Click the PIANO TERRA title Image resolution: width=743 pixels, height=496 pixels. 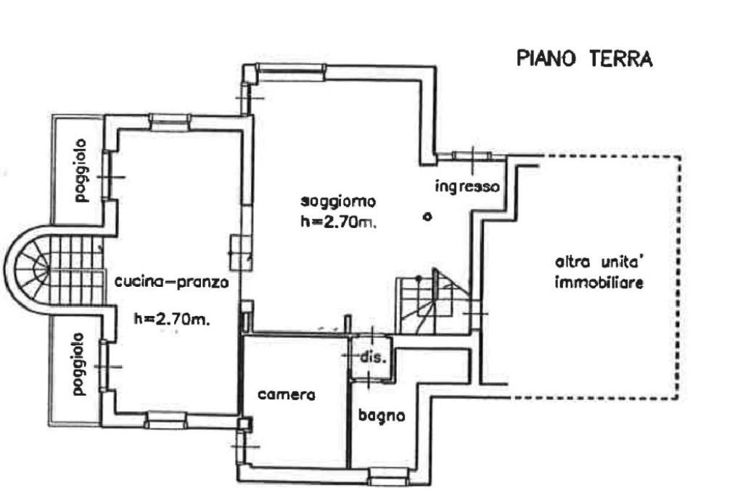coord(584,59)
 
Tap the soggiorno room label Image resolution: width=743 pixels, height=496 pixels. coord(340,200)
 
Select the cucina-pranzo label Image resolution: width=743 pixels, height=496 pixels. coord(172,283)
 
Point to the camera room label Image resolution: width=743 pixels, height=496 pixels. coord(287,396)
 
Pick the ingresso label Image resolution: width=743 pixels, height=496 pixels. coord(467,186)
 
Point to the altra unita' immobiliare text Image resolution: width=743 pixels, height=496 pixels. coord(599,272)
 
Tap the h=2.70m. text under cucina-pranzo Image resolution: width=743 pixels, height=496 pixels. coord(172,318)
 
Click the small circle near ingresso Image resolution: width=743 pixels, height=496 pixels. coord(427,216)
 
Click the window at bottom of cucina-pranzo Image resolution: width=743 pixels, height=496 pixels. coord(165,419)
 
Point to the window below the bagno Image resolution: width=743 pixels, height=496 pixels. coord(389,477)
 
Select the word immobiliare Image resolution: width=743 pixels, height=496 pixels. coord(599,284)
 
